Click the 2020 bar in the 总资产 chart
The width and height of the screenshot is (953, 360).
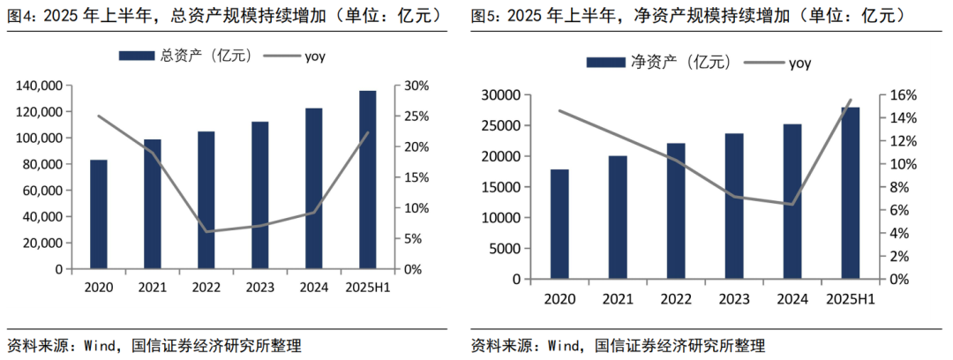(99, 214)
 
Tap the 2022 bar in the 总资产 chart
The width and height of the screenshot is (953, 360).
(206, 200)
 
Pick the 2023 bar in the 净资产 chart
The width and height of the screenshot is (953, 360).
(734, 206)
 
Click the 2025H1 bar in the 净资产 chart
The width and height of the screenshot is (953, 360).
(851, 193)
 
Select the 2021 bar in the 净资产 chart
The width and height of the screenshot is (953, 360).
(618, 217)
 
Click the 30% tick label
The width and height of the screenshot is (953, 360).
(416, 86)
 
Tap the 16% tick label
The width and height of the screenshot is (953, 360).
(890, 95)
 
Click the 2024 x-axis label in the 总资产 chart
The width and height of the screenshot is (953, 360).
(313, 288)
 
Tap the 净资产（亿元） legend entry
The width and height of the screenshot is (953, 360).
(657, 62)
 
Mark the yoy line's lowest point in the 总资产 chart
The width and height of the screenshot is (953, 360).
(206, 232)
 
